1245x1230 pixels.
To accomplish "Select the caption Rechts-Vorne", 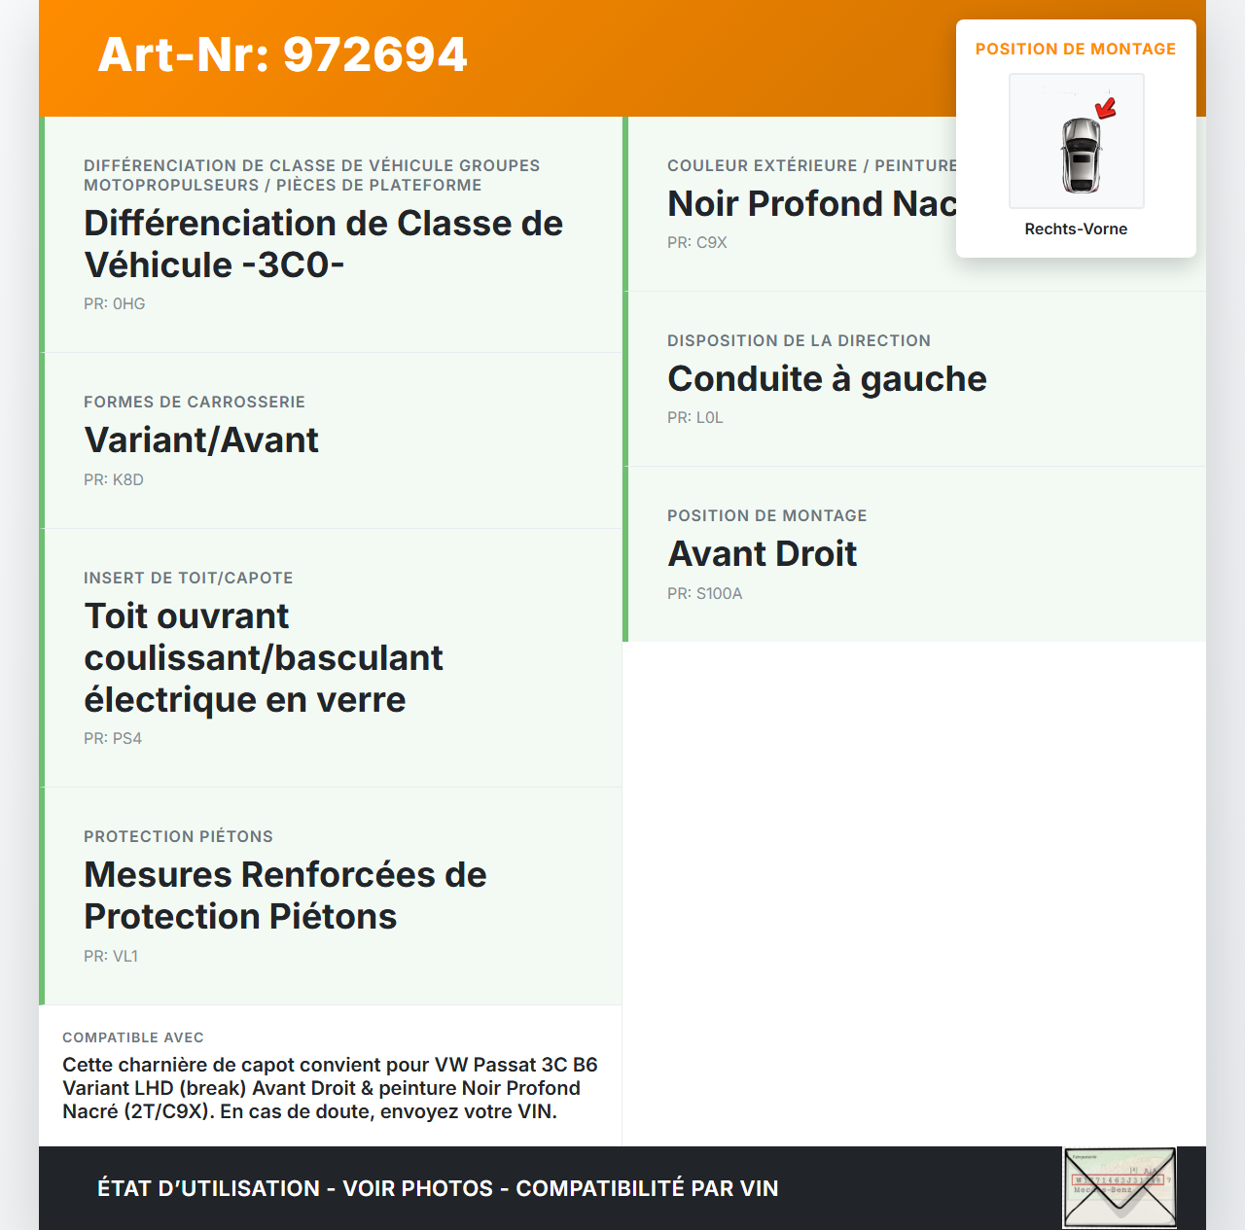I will click(x=1076, y=229).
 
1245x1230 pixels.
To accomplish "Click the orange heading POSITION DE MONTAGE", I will click(x=1076, y=50).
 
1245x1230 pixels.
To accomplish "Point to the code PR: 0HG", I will click(x=115, y=304).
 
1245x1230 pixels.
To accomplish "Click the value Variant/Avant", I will click(x=201, y=440).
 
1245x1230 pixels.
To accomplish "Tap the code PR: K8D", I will click(x=114, y=480).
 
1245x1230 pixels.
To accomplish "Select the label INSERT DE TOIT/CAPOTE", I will click(x=189, y=579).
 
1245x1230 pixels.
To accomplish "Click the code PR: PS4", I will click(x=113, y=739).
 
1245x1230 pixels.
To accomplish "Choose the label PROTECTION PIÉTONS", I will click(x=178, y=837).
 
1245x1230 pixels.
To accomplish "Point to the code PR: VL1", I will click(x=111, y=957).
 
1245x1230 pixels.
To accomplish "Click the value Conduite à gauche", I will click(x=827, y=379).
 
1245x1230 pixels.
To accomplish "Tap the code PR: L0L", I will click(x=695, y=418).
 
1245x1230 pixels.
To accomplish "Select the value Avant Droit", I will click(x=762, y=554).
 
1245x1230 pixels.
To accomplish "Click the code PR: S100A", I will click(x=705, y=594).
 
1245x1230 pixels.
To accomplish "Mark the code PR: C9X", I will click(x=697, y=243).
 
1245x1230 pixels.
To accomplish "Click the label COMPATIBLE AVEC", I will click(x=133, y=1038).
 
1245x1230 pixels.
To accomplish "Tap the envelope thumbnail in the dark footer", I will click(x=1120, y=1187).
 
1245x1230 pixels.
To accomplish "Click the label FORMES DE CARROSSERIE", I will click(x=195, y=403).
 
